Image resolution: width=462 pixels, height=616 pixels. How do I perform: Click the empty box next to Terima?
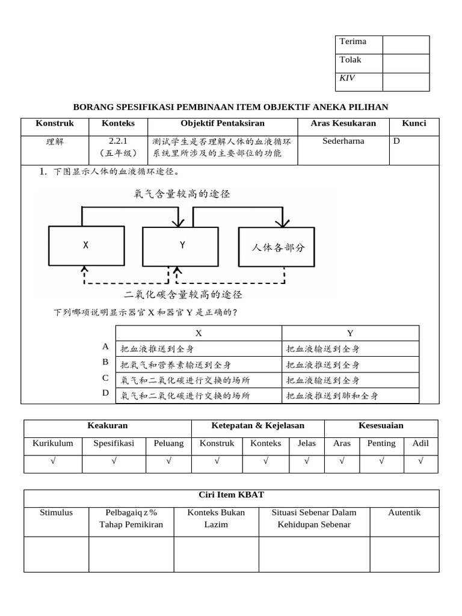(x=405, y=45)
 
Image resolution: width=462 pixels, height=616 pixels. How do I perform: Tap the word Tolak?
(x=350, y=60)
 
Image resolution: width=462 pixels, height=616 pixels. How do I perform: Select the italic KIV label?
(x=347, y=78)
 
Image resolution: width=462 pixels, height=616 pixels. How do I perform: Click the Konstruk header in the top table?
(x=54, y=123)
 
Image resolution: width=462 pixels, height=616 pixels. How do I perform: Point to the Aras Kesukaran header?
(x=343, y=123)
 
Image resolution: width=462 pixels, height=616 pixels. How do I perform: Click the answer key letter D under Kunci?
(x=396, y=141)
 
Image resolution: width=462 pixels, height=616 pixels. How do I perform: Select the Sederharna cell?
(x=343, y=141)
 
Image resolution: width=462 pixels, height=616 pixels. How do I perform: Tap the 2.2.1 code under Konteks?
(x=119, y=141)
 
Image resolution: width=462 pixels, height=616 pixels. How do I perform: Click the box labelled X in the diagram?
(x=86, y=245)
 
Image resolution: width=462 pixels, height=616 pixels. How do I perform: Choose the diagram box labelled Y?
(x=180, y=245)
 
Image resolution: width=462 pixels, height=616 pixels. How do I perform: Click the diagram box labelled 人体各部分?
(x=278, y=247)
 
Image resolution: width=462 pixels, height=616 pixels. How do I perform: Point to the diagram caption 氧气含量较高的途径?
(x=182, y=194)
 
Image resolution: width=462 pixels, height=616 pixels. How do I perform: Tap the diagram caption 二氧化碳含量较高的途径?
(x=183, y=295)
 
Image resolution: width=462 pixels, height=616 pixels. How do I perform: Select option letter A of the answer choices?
(x=105, y=346)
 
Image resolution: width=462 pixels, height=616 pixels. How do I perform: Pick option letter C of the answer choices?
(x=105, y=378)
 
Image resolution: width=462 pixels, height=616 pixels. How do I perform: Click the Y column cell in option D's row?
(x=350, y=396)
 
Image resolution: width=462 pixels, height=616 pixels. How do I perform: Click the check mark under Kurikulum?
(x=53, y=461)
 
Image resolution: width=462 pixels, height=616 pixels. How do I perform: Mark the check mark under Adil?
(x=420, y=461)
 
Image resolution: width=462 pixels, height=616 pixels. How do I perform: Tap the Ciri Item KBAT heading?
(x=231, y=495)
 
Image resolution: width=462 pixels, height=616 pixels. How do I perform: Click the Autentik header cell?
(x=404, y=513)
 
